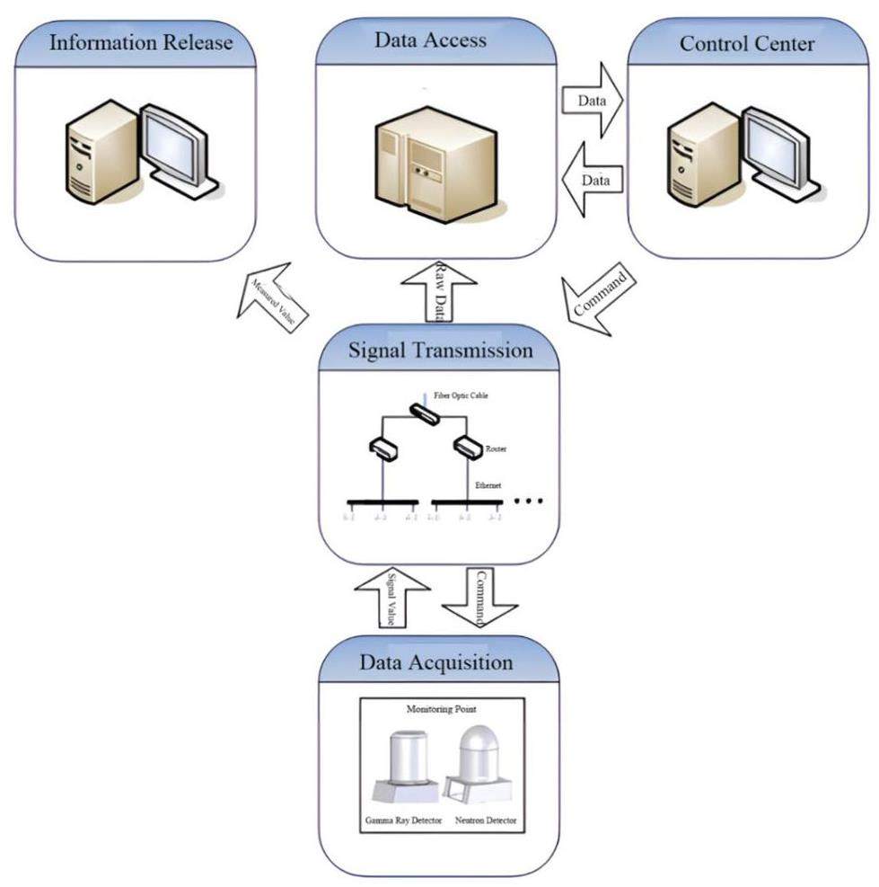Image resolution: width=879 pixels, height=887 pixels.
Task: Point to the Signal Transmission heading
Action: point(440,350)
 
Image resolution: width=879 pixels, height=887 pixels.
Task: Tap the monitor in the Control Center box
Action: point(778,148)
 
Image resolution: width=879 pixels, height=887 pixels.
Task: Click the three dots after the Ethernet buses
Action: point(529,501)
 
